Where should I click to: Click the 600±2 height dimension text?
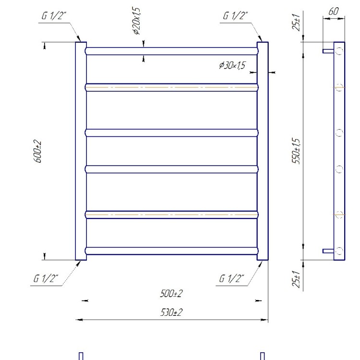click(x=38, y=151)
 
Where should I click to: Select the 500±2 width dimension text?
click(x=171, y=293)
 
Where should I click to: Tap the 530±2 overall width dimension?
click(x=171, y=312)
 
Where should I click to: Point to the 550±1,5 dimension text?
click(x=296, y=151)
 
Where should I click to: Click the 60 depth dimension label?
click(x=334, y=11)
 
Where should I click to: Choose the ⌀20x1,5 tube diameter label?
click(x=137, y=21)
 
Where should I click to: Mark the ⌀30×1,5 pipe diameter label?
click(x=232, y=65)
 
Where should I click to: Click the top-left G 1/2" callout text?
click(x=54, y=16)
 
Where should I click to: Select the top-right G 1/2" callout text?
click(x=235, y=16)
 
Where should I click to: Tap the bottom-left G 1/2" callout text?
click(x=46, y=278)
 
